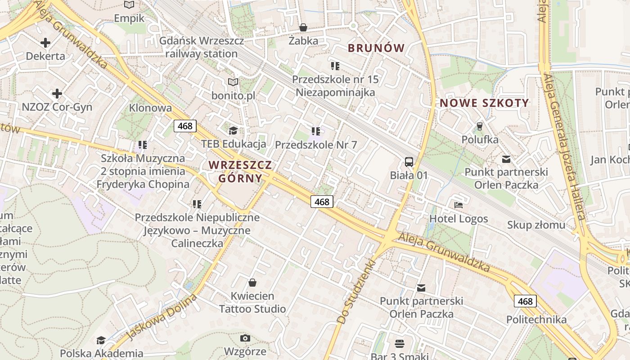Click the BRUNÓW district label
point(377,48)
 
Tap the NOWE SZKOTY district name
point(484,103)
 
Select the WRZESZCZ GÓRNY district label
point(240,171)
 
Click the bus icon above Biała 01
point(409,162)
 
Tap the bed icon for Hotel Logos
point(458,205)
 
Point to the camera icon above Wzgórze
point(245,338)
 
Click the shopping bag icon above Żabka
point(303,27)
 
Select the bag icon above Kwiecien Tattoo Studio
point(252,283)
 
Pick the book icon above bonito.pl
point(233,82)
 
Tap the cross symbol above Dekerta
point(45,43)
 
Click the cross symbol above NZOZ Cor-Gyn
point(57,94)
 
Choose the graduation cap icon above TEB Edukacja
point(233,130)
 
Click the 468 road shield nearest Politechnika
point(525,301)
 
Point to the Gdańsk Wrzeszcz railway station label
point(202,47)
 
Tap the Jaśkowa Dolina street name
point(162,317)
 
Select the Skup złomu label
point(536,225)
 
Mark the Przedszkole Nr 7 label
point(315,145)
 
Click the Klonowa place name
point(150,108)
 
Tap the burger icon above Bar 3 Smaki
point(399,344)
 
